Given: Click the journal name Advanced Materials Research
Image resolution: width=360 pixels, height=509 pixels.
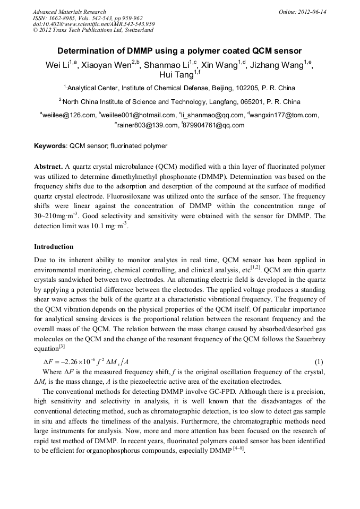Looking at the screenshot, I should point(69,12).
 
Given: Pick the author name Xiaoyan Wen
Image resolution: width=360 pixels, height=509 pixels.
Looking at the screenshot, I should point(105,66).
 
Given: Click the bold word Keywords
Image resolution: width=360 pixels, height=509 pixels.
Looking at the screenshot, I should point(50,146).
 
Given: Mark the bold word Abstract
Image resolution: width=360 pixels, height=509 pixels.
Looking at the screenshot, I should point(48,166).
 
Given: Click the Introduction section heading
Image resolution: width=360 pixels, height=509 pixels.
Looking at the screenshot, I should point(54,247).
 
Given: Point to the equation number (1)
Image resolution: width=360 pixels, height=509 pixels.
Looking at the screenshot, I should point(319,362).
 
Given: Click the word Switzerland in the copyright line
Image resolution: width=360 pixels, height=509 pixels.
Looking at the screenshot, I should point(138,30).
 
